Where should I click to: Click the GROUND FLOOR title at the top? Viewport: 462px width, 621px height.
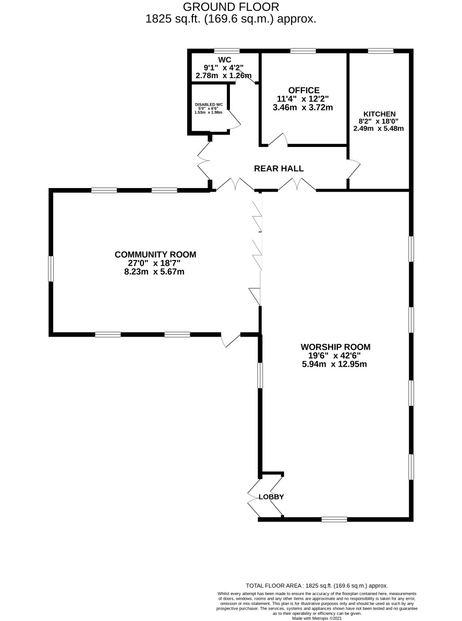pyautogui.click(x=231, y=7)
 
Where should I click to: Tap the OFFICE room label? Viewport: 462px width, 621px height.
pyautogui.click(x=304, y=90)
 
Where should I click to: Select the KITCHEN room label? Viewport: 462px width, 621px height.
pyautogui.click(x=380, y=114)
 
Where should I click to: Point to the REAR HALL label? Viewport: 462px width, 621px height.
pyautogui.click(x=279, y=168)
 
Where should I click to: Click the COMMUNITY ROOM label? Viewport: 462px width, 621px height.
pyautogui.click(x=155, y=255)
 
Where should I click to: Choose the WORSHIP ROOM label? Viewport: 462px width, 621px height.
pyautogui.click(x=335, y=347)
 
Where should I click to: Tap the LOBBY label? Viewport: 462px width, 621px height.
pyautogui.click(x=271, y=496)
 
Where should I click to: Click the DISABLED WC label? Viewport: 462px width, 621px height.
pyautogui.click(x=209, y=105)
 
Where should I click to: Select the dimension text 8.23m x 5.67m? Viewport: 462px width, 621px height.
pyautogui.click(x=154, y=272)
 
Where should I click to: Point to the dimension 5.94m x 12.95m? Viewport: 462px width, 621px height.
pyautogui.click(x=334, y=364)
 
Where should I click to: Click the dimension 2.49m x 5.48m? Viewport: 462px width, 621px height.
pyautogui.click(x=379, y=128)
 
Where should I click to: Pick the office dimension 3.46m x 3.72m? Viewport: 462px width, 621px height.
pyautogui.click(x=303, y=107)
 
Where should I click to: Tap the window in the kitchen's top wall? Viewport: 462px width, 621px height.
pyautogui.click(x=381, y=51)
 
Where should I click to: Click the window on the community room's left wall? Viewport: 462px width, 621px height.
pyautogui.click(x=51, y=269)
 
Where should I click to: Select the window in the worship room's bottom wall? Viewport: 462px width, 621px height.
pyautogui.click(x=334, y=519)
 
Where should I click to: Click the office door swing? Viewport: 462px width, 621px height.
pyautogui.click(x=277, y=140)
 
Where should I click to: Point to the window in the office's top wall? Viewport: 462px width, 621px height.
pyautogui.click(x=303, y=51)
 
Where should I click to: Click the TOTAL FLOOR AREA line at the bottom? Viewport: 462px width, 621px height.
pyautogui.click(x=317, y=586)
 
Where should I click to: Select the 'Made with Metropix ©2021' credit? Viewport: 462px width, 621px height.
pyautogui.click(x=317, y=618)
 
